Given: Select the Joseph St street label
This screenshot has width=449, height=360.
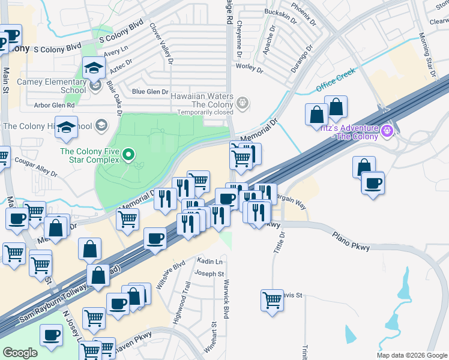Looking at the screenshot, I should (205, 274).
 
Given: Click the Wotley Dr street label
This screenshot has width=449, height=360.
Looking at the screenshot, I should (250, 68).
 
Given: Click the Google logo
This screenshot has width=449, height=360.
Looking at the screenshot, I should (20, 352).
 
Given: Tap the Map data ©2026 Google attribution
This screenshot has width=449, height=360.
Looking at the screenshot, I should (412, 355).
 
